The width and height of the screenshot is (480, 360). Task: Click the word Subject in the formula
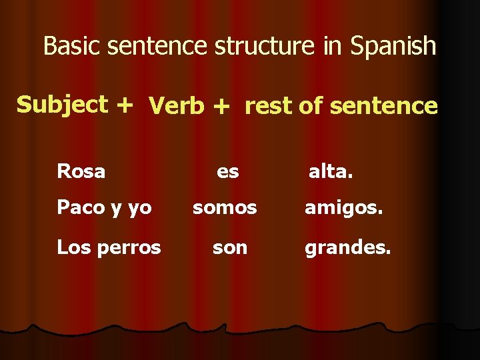62,105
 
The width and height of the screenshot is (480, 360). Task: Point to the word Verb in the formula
177,106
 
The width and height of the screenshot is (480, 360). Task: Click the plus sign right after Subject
124,105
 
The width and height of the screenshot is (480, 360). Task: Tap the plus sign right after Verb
223,106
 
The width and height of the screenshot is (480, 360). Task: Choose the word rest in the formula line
269,106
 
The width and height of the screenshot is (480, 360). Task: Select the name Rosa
81,171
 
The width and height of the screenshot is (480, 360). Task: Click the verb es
228,171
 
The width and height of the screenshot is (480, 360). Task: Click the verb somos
225,208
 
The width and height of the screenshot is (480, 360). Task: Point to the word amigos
344,208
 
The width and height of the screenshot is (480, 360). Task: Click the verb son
230,248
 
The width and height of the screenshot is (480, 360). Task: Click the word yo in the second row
139,209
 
